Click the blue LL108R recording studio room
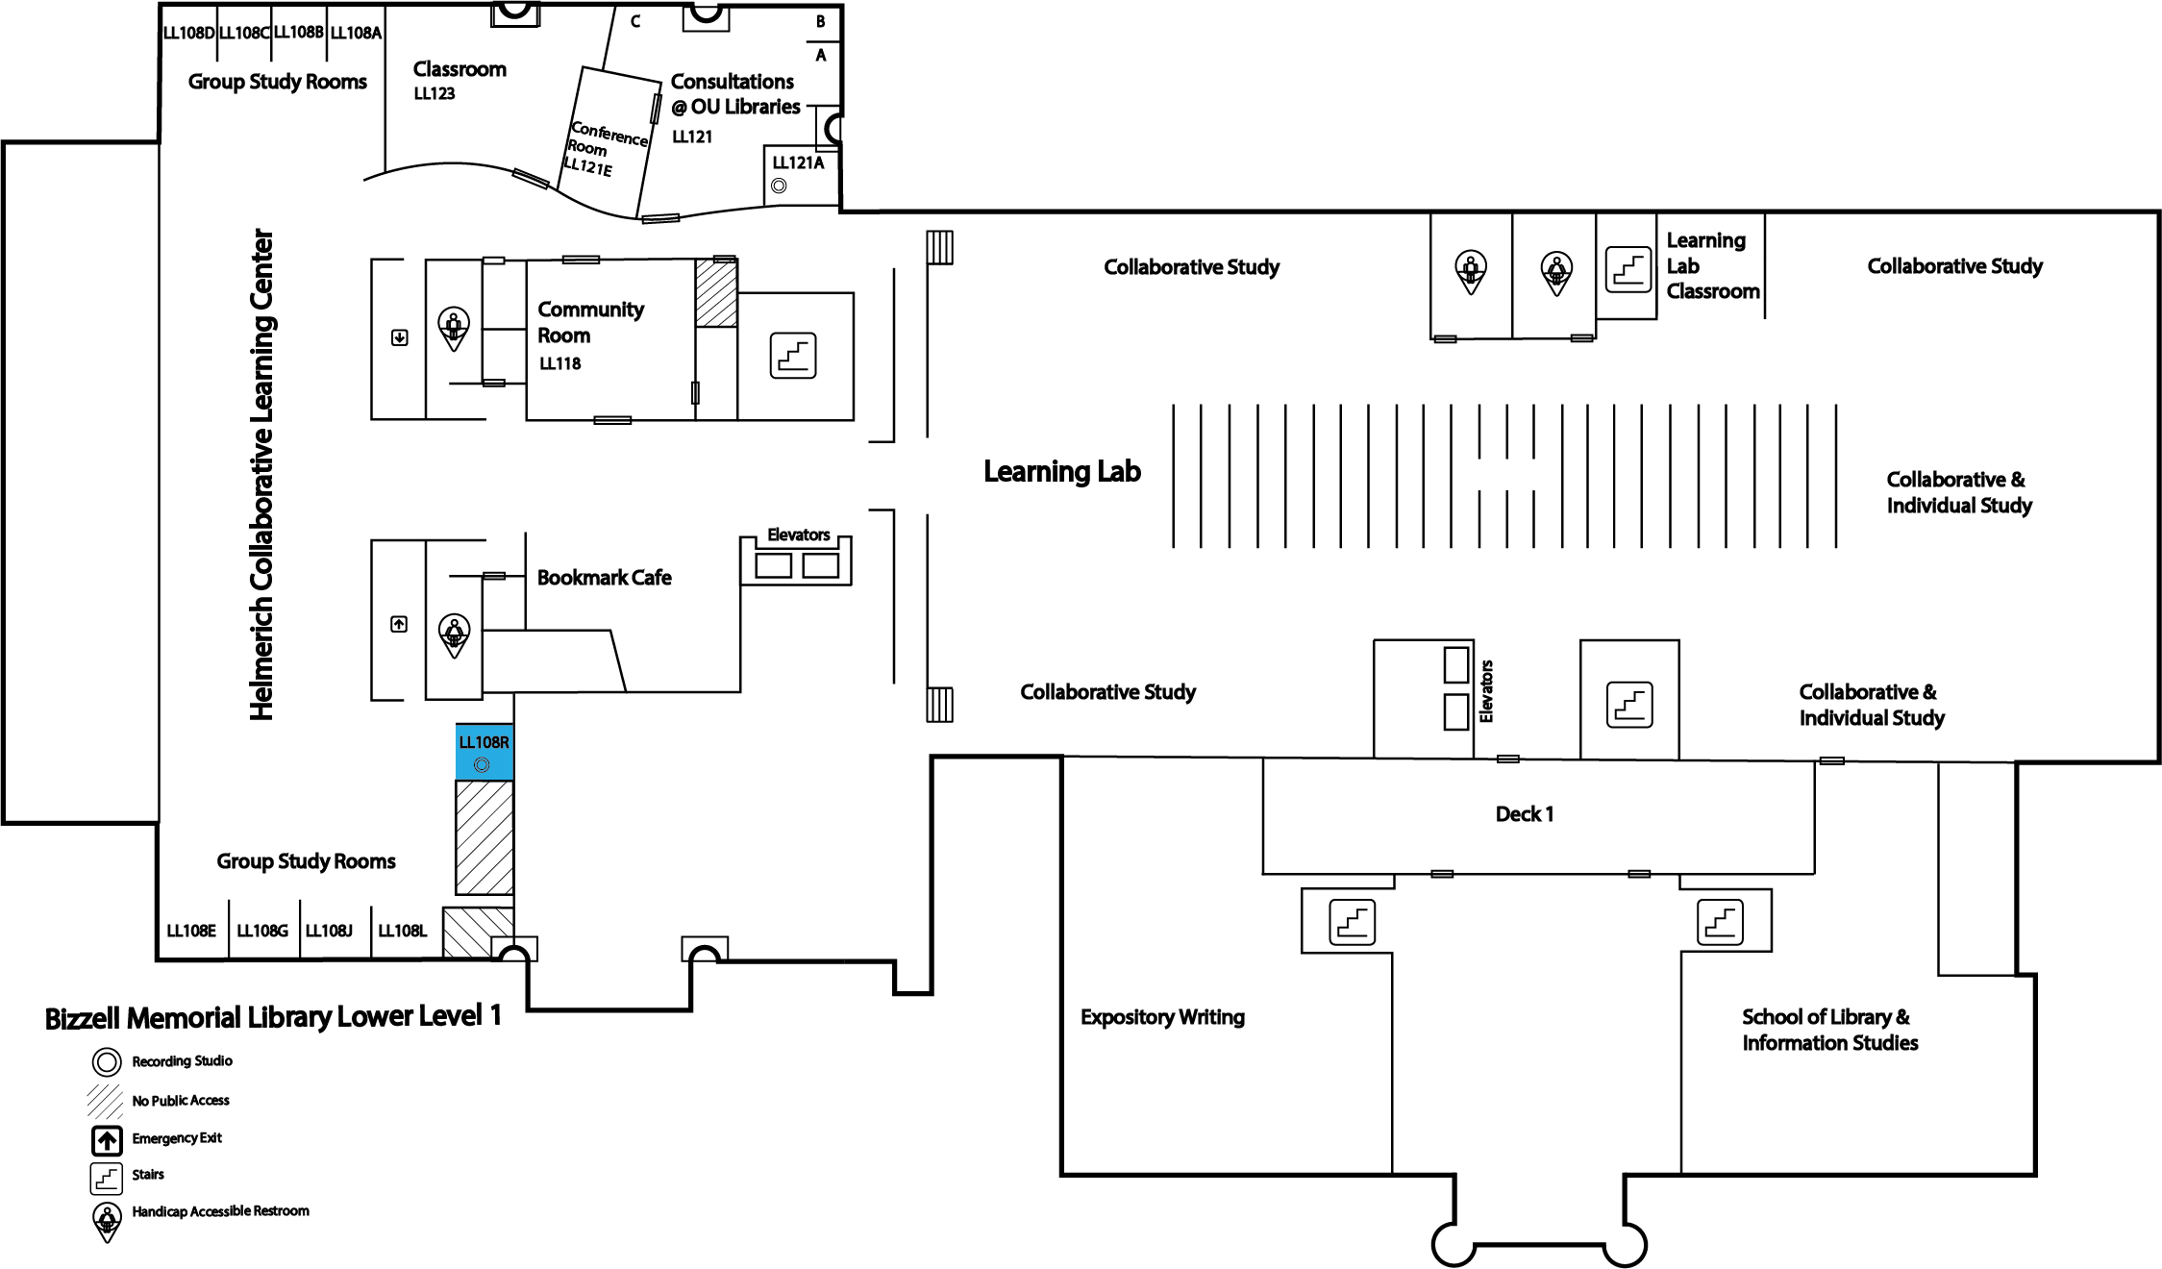pos(485,752)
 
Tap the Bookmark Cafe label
pos(604,578)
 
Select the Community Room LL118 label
pos(590,336)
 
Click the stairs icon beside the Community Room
pos(793,356)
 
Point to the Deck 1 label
pos(1524,814)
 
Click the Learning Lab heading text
pos(1061,471)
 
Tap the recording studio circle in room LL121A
pos(779,187)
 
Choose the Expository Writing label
pos(1162,1017)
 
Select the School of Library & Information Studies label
pos(1829,1030)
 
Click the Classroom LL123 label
pos(460,80)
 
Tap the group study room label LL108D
pos(188,33)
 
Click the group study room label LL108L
pos(402,931)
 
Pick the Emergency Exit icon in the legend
pos(107,1140)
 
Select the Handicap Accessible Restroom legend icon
pos(107,1221)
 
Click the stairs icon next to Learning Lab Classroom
pos(1628,269)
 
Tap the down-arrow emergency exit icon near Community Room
pos(400,337)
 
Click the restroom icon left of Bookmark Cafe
pos(454,635)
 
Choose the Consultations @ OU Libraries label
pos(735,94)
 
